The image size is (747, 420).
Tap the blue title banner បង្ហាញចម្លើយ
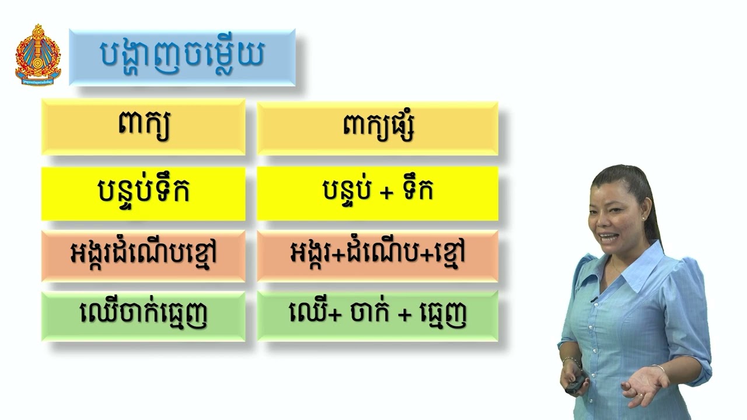pos(182,57)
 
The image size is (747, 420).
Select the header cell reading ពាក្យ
pos(144,127)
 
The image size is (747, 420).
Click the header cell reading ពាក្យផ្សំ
pos(378,127)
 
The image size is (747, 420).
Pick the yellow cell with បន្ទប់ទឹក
pos(144,192)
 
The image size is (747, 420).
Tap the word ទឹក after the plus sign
pos(417,191)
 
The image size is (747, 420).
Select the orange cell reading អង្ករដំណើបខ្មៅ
pos(144,255)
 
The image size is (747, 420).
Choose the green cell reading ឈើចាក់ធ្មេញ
pos(144,316)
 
